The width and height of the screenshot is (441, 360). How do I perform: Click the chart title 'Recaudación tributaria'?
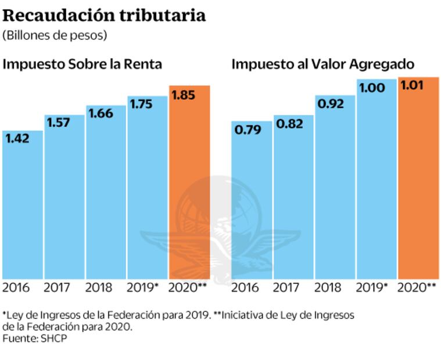tap(105, 15)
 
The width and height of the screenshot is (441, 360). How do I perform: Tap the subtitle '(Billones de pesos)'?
tap(55, 35)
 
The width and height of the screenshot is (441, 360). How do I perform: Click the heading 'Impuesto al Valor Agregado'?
tap(323, 64)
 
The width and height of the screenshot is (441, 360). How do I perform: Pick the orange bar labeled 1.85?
tap(189, 186)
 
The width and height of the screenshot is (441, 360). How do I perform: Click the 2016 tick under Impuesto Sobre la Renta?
tap(17, 287)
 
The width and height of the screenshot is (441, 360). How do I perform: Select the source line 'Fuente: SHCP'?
tap(35, 338)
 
